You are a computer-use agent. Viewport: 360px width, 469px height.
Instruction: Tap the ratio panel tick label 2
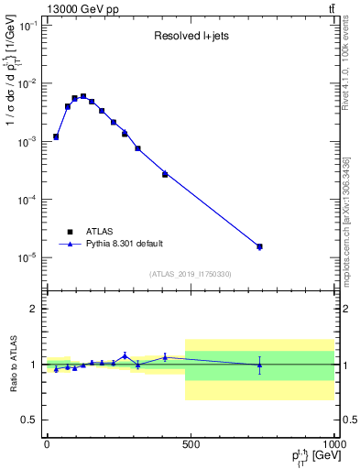[x=34, y=309]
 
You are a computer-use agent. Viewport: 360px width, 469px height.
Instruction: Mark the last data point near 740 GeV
[x=259, y=246]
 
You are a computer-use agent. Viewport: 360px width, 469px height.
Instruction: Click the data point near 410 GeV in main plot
[x=165, y=173]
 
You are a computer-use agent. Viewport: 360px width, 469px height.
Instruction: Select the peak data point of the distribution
[x=83, y=96]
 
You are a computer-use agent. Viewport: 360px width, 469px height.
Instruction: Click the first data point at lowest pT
[x=56, y=136]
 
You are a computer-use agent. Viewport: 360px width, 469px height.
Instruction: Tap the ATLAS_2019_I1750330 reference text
[x=189, y=274]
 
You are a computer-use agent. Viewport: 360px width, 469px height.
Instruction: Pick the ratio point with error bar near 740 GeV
[x=259, y=365]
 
